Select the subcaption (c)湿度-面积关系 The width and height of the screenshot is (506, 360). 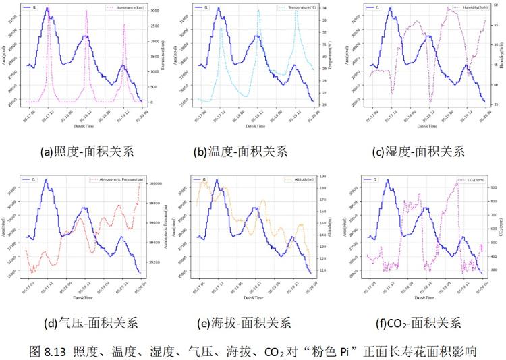click(422, 152)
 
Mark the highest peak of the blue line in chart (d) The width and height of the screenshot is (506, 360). click(47, 180)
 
